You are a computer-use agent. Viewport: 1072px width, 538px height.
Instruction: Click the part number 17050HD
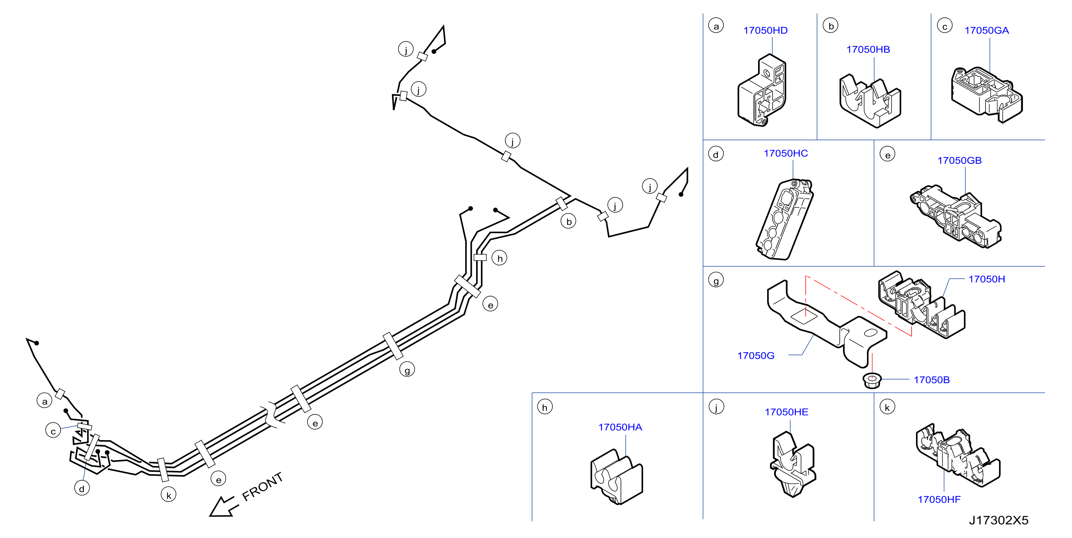click(x=765, y=30)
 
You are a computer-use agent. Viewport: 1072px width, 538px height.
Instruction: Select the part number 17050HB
click(x=868, y=49)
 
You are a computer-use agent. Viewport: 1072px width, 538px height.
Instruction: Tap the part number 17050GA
click(x=987, y=30)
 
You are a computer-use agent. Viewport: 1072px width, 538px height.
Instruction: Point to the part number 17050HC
click(x=786, y=153)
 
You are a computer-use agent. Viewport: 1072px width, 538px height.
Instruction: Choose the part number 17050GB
click(x=959, y=161)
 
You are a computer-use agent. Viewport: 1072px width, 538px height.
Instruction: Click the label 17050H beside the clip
click(x=987, y=279)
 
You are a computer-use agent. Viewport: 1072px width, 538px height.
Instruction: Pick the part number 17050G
click(x=756, y=356)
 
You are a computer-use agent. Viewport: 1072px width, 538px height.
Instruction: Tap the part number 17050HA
click(x=620, y=427)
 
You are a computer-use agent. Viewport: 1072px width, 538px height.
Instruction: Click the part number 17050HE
click(x=786, y=412)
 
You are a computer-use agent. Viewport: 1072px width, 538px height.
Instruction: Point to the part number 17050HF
click(x=939, y=499)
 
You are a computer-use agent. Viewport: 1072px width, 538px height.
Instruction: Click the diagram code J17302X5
click(x=998, y=520)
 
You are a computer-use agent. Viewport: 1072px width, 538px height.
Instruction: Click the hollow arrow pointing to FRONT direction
click(x=224, y=507)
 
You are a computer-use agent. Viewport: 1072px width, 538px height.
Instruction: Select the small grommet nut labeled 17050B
click(x=872, y=380)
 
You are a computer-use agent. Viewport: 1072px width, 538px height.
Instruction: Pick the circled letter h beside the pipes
click(x=499, y=258)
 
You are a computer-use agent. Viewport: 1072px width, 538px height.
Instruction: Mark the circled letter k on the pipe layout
click(x=168, y=495)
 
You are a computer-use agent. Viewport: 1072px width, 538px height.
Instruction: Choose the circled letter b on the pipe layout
click(x=568, y=221)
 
